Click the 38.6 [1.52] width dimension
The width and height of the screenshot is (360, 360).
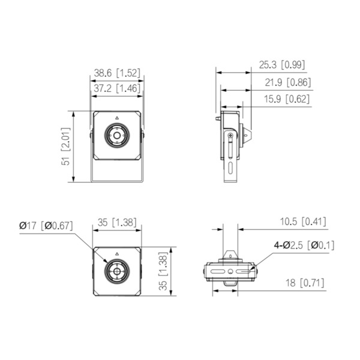116,73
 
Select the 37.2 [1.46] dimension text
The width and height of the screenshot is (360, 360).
116,88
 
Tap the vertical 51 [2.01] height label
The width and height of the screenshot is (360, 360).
67,146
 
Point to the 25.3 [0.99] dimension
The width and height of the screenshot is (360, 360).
285,64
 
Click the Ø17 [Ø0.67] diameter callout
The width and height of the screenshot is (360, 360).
46,226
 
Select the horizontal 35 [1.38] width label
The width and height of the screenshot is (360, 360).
116,223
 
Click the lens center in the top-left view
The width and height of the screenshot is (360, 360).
116,136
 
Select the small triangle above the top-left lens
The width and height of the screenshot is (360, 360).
116,118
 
